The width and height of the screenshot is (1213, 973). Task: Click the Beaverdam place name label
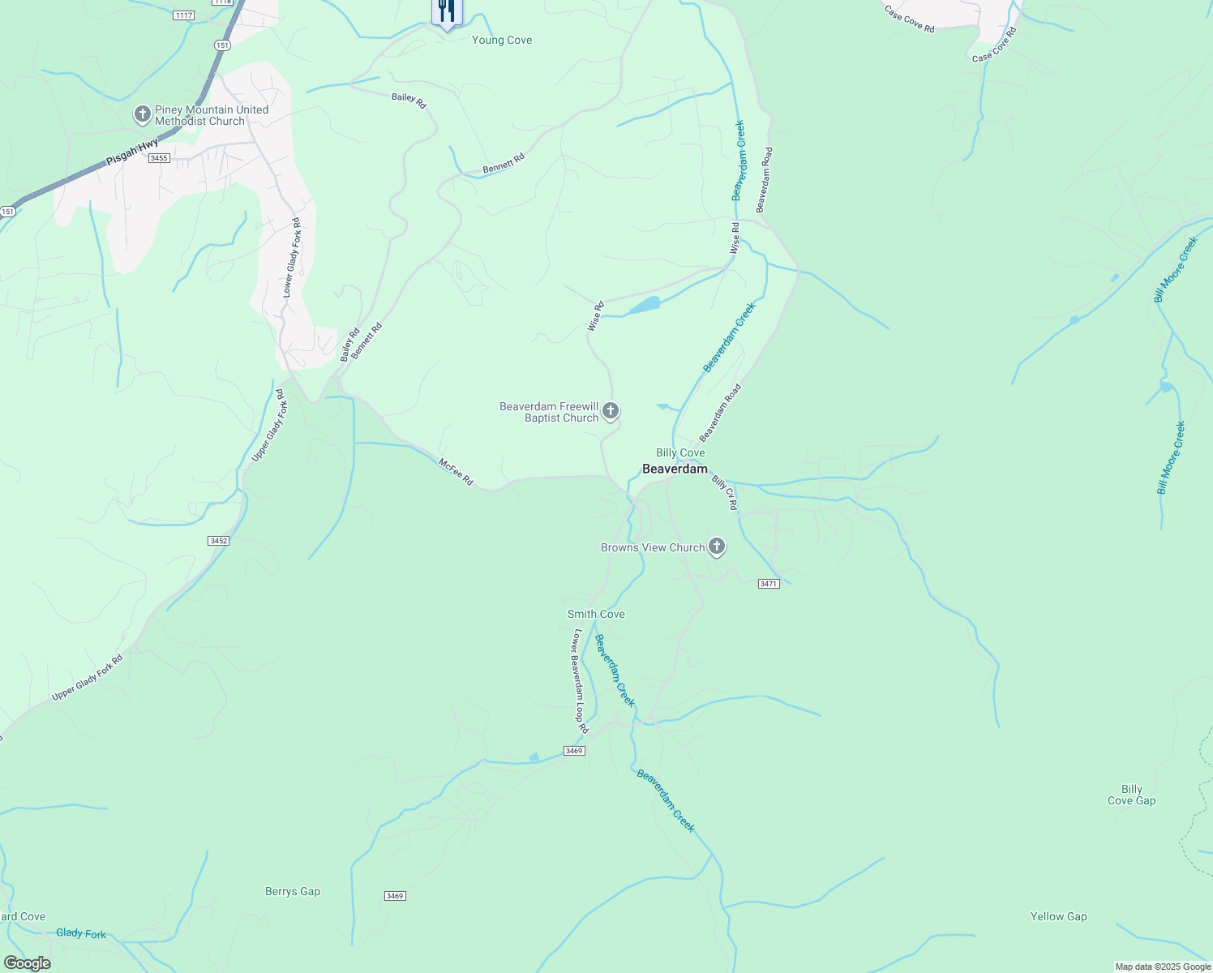[675, 469]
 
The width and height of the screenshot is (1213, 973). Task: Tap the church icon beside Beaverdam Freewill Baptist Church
[611, 411]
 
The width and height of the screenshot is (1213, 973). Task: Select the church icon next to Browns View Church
[717, 547]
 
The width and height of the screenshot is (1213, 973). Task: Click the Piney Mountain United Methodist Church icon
[143, 115]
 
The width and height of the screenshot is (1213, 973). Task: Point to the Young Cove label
[502, 40]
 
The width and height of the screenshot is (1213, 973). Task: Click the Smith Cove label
[596, 614]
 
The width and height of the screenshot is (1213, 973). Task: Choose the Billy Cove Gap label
[1131, 795]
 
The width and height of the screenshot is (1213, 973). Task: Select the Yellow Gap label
[1058, 916]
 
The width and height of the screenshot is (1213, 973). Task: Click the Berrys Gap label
[293, 891]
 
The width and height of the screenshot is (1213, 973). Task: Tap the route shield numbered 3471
[769, 584]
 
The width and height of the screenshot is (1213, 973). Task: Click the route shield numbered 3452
[218, 541]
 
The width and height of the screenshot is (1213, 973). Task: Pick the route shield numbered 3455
[159, 158]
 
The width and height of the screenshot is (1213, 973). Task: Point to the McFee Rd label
[456, 472]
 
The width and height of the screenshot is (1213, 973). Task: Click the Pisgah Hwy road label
[133, 152]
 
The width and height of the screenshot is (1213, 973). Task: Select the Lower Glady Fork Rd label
[292, 257]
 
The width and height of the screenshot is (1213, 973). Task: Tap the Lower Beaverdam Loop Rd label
[581, 681]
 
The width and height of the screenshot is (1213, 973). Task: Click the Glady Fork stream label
[81, 933]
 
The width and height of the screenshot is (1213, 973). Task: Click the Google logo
[28, 963]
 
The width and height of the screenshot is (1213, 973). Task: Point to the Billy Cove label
[680, 452]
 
